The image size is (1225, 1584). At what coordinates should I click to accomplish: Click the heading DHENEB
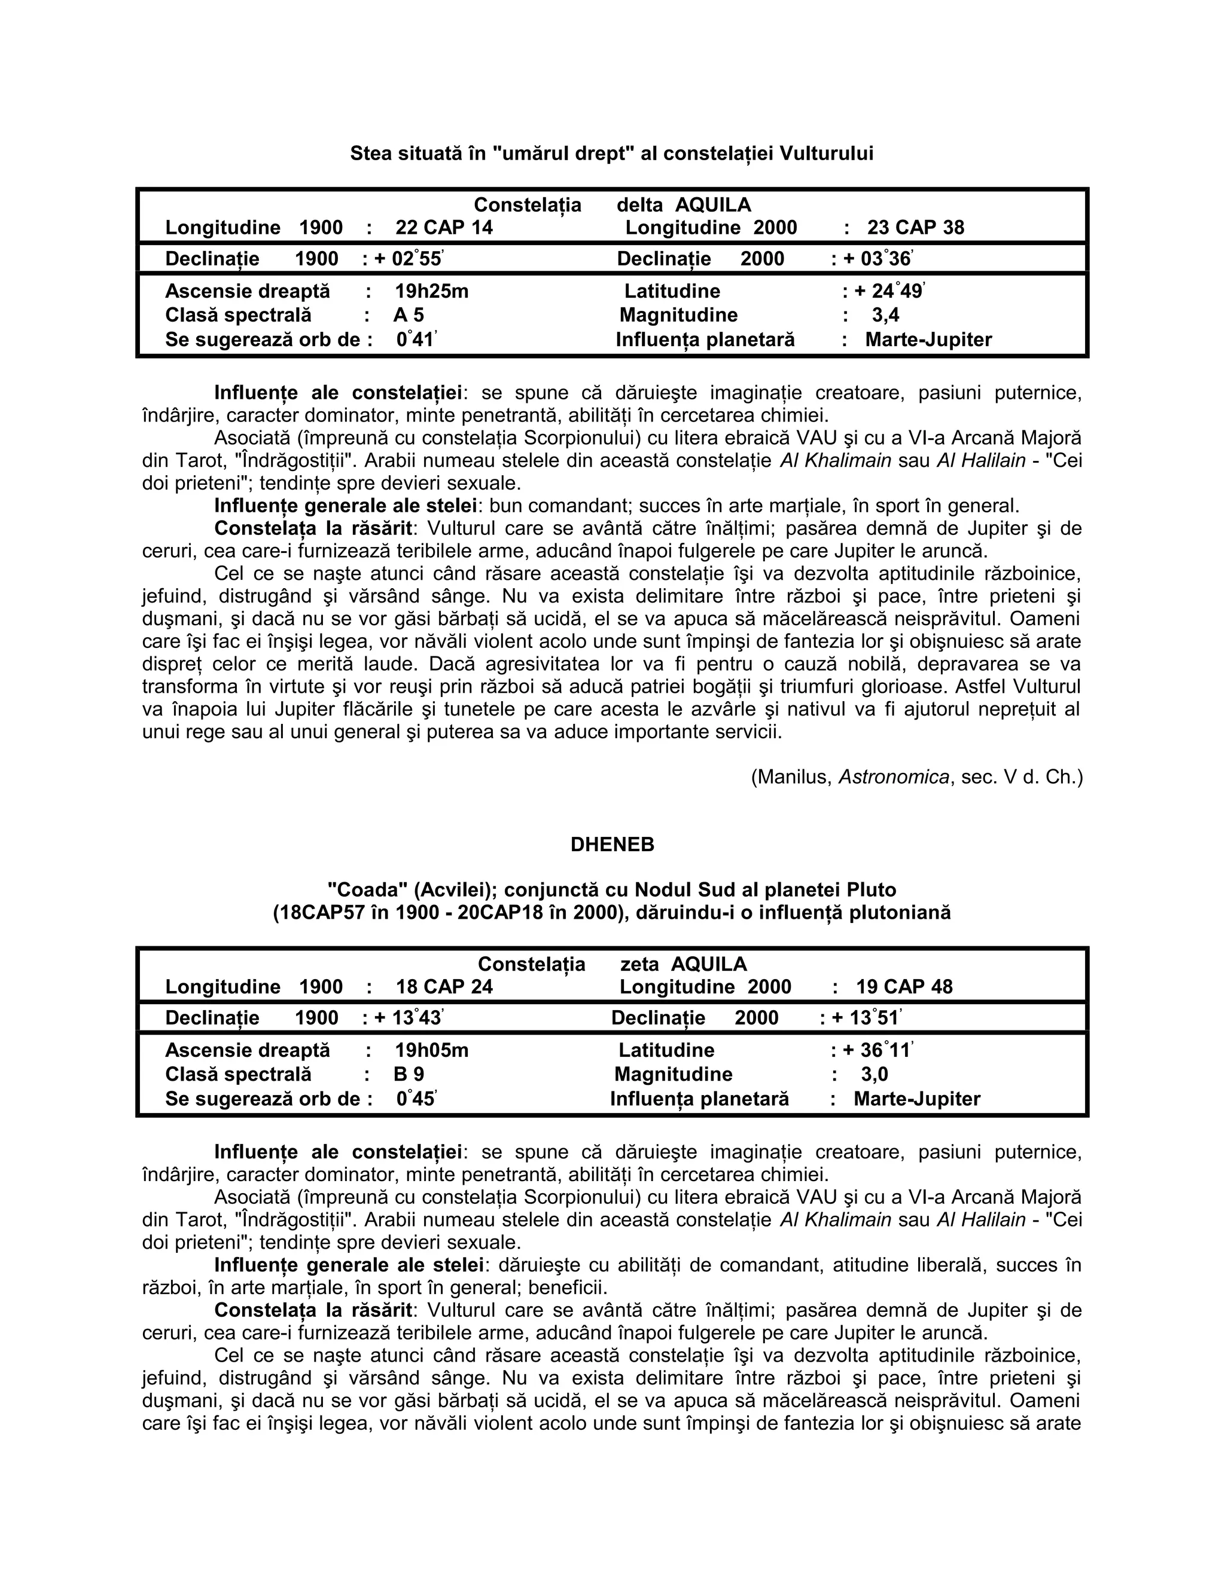(612, 844)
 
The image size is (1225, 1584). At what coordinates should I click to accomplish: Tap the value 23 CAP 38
(915, 228)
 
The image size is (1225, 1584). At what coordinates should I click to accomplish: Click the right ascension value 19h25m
(432, 292)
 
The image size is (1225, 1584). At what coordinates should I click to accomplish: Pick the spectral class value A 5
(409, 316)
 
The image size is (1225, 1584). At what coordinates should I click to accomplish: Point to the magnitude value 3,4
(885, 316)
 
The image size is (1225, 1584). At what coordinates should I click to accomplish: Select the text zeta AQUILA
(683, 964)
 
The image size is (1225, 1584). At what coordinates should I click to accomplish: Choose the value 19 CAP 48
(904, 987)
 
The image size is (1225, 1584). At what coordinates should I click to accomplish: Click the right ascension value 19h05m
(432, 1050)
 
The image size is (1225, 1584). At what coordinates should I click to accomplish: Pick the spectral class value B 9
(409, 1074)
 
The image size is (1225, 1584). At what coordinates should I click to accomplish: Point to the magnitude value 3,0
(874, 1074)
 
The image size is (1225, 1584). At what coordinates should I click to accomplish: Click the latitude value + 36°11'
(877, 1050)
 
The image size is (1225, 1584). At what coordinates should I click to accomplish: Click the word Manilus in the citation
(793, 778)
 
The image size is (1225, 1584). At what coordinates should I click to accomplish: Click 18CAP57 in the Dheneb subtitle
(319, 912)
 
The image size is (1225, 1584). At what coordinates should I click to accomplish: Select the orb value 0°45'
(416, 1099)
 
